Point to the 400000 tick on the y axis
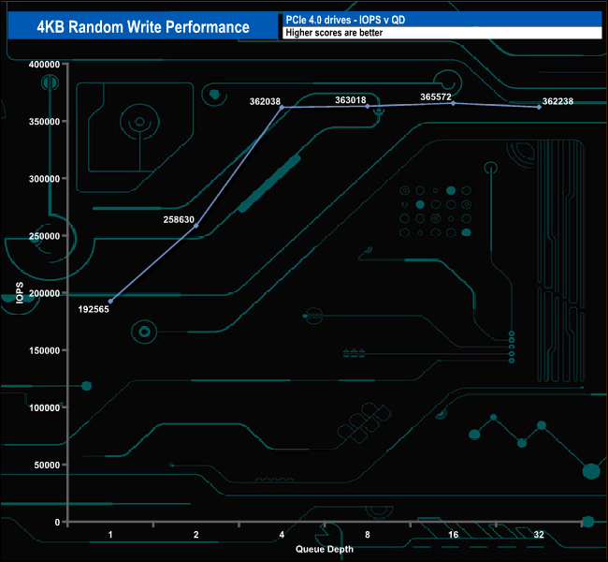coord(43,65)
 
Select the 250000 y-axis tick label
coord(43,236)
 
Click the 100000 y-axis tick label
coord(43,407)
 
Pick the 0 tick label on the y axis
coord(56,522)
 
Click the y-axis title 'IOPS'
coord(20,293)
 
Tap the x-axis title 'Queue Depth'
coord(325,549)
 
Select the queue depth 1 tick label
coord(110,535)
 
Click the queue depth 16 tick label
coord(454,535)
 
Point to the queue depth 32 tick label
coord(539,535)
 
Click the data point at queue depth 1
coord(110,302)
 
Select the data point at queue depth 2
coord(195,226)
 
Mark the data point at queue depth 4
coord(282,108)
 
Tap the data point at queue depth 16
coord(454,103)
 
